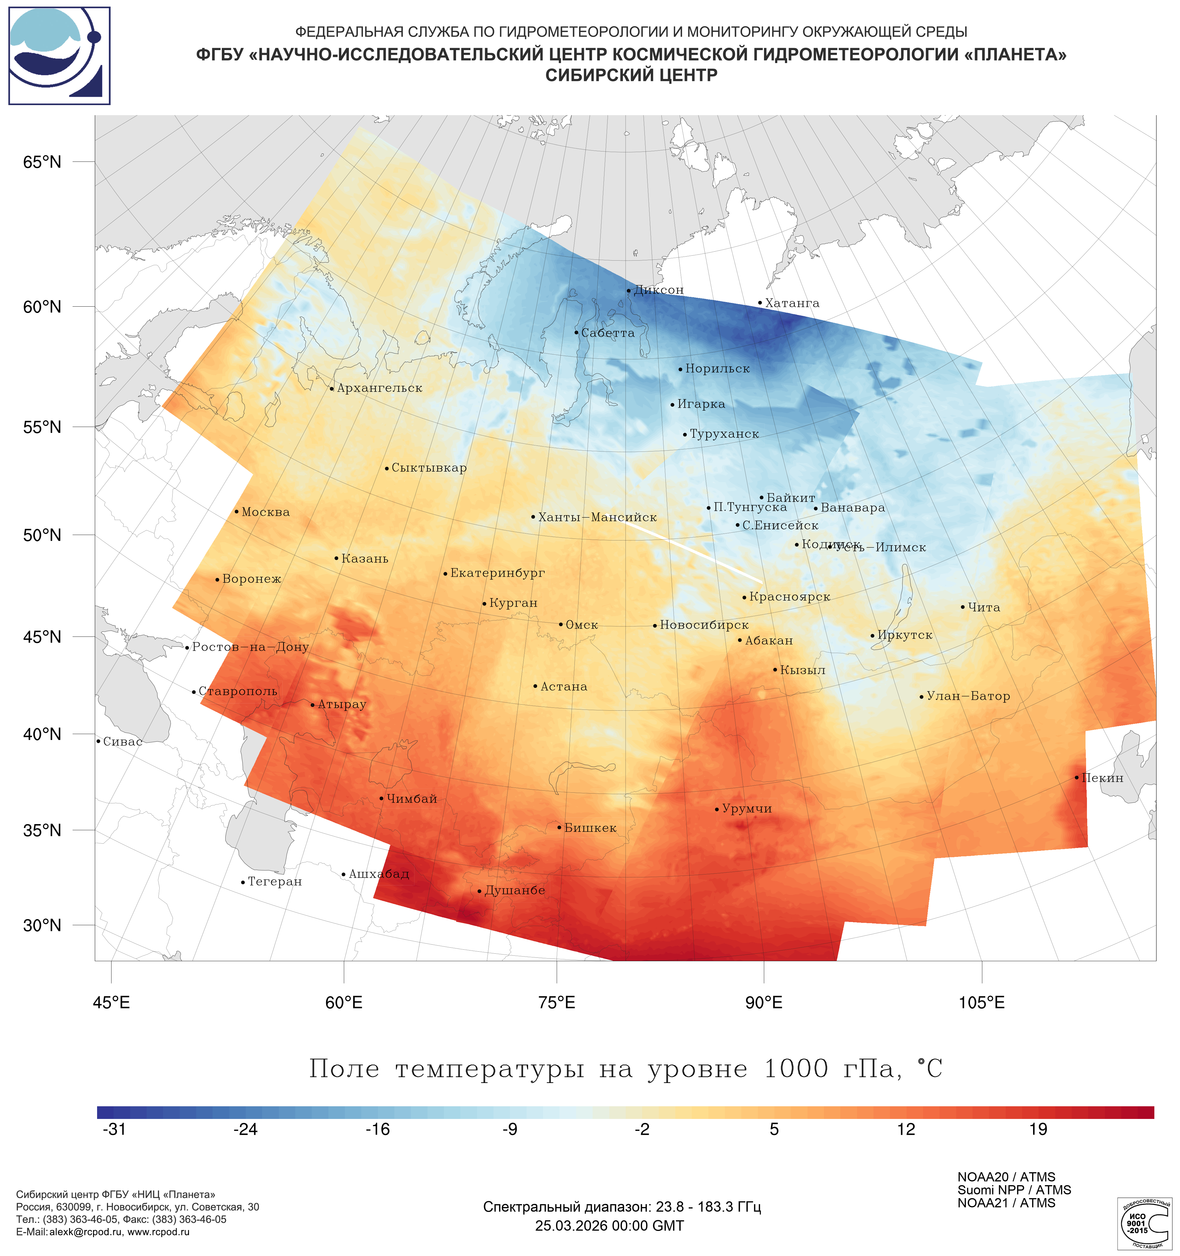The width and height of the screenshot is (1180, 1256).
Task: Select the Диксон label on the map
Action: pyautogui.click(x=659, y=290)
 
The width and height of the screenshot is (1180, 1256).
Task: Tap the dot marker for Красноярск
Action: pyautogui.click(x=744, y=598)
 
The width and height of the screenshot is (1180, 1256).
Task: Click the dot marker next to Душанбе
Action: pyautogui.click(x=479, y=891)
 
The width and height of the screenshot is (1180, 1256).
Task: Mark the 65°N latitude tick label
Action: pyautogui.click(x=42, y=162)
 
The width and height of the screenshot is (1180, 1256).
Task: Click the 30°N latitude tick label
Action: pyautogui.click(x=42, y=925)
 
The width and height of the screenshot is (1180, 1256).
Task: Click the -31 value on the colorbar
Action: pyautogui.click(x=114, y=1130)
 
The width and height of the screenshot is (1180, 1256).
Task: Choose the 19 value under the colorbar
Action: pyautogui.click(x=1038, y=1130)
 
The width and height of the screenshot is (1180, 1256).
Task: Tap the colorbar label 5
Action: pyautogui.click(x=774, y=1130)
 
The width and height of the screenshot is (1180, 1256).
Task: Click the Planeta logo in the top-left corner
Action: pyautogui.click(x=59, y=56)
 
